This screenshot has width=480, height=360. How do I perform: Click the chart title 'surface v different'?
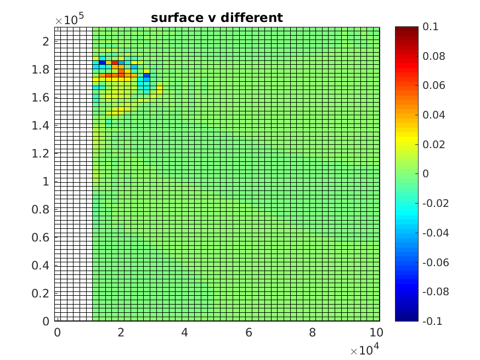217,18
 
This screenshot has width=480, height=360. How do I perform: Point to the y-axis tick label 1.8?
42,69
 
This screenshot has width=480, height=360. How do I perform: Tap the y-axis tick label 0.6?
42,237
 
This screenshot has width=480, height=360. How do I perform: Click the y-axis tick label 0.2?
42,293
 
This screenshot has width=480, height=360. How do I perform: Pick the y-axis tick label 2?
46,41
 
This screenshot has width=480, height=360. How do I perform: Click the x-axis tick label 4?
184,333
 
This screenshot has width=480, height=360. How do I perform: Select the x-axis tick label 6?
249,333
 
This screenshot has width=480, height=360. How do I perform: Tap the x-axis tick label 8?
312,333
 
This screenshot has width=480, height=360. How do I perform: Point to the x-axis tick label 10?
376,333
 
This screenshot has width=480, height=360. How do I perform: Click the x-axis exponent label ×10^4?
365,350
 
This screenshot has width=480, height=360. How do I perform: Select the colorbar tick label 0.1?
430,27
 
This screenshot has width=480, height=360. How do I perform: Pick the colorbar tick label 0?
425,174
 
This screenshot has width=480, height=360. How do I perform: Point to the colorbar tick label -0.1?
432,321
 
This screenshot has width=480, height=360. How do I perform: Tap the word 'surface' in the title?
175,18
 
